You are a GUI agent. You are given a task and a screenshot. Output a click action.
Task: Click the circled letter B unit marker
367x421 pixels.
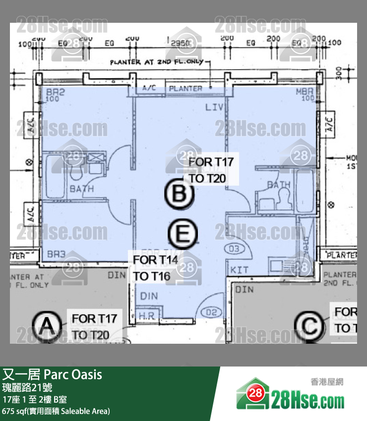[178, 194]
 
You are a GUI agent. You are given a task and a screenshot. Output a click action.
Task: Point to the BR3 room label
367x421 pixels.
[56, 254]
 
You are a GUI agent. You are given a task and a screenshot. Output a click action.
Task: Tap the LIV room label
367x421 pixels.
[214, 107]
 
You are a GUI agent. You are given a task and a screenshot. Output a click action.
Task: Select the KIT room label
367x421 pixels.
[240, 270]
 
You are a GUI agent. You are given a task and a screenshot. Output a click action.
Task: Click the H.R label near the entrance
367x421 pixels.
[146, 316]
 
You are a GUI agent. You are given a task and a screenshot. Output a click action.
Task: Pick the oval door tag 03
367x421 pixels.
[235, 248]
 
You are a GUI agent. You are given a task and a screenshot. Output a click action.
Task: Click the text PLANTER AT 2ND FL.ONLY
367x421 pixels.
[157, 63]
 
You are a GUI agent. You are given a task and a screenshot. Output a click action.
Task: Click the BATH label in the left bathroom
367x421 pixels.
[82, 189]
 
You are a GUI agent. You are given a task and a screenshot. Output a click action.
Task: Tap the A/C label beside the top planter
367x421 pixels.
[149, 88]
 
